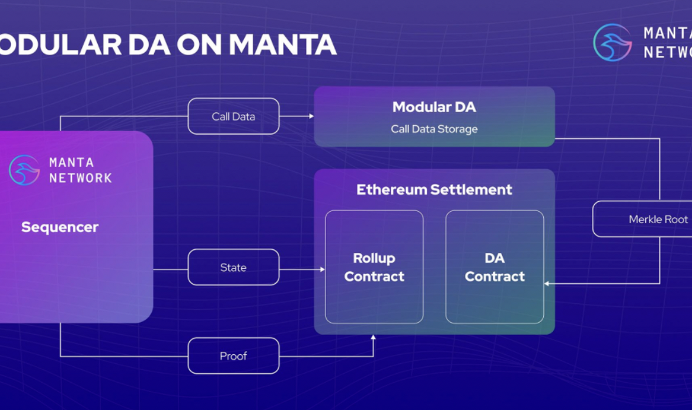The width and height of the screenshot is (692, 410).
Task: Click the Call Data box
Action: [233, 116]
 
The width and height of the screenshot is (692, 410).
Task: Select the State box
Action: [233, 267]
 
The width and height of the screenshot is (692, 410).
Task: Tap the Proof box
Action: [233, 356]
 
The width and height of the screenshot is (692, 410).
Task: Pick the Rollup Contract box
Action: [374, 267]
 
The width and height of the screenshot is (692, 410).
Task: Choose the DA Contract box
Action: [494, 267]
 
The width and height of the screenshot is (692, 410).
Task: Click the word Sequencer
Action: [59, 227]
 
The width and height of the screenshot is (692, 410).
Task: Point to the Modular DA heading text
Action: [434, 107]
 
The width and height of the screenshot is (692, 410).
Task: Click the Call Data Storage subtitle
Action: [434, 129]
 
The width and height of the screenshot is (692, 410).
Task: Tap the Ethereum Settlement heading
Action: [434, 189]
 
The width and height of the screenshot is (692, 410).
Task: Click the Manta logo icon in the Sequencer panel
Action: [24, 170]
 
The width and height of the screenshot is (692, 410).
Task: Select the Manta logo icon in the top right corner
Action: [612, 42]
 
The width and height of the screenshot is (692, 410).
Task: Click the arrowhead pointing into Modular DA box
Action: [310, 116]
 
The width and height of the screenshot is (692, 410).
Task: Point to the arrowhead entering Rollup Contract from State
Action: [322, 267]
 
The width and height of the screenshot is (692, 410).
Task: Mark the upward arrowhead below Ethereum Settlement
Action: [373, 337]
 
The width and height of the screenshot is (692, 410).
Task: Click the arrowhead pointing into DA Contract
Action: [547, 283]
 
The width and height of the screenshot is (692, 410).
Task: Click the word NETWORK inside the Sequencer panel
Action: [80, 178]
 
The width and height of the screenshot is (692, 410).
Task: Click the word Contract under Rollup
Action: [374, 277]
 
